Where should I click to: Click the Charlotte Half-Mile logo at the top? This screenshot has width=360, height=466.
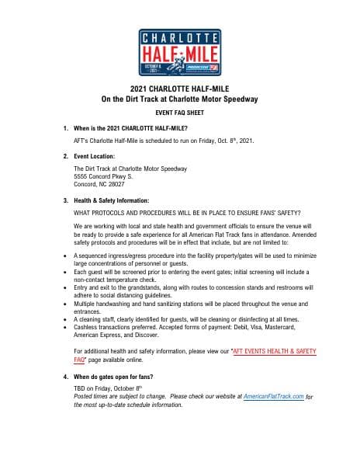(x=180, y=51)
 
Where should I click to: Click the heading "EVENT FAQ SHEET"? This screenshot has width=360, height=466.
(x=180, y=112)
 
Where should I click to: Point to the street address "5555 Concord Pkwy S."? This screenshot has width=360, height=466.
(x=104, y=176)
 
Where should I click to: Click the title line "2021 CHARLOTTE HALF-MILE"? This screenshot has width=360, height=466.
(x=180, y=89)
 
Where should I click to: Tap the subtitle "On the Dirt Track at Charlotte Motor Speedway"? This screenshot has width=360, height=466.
(x=180, y=99)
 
